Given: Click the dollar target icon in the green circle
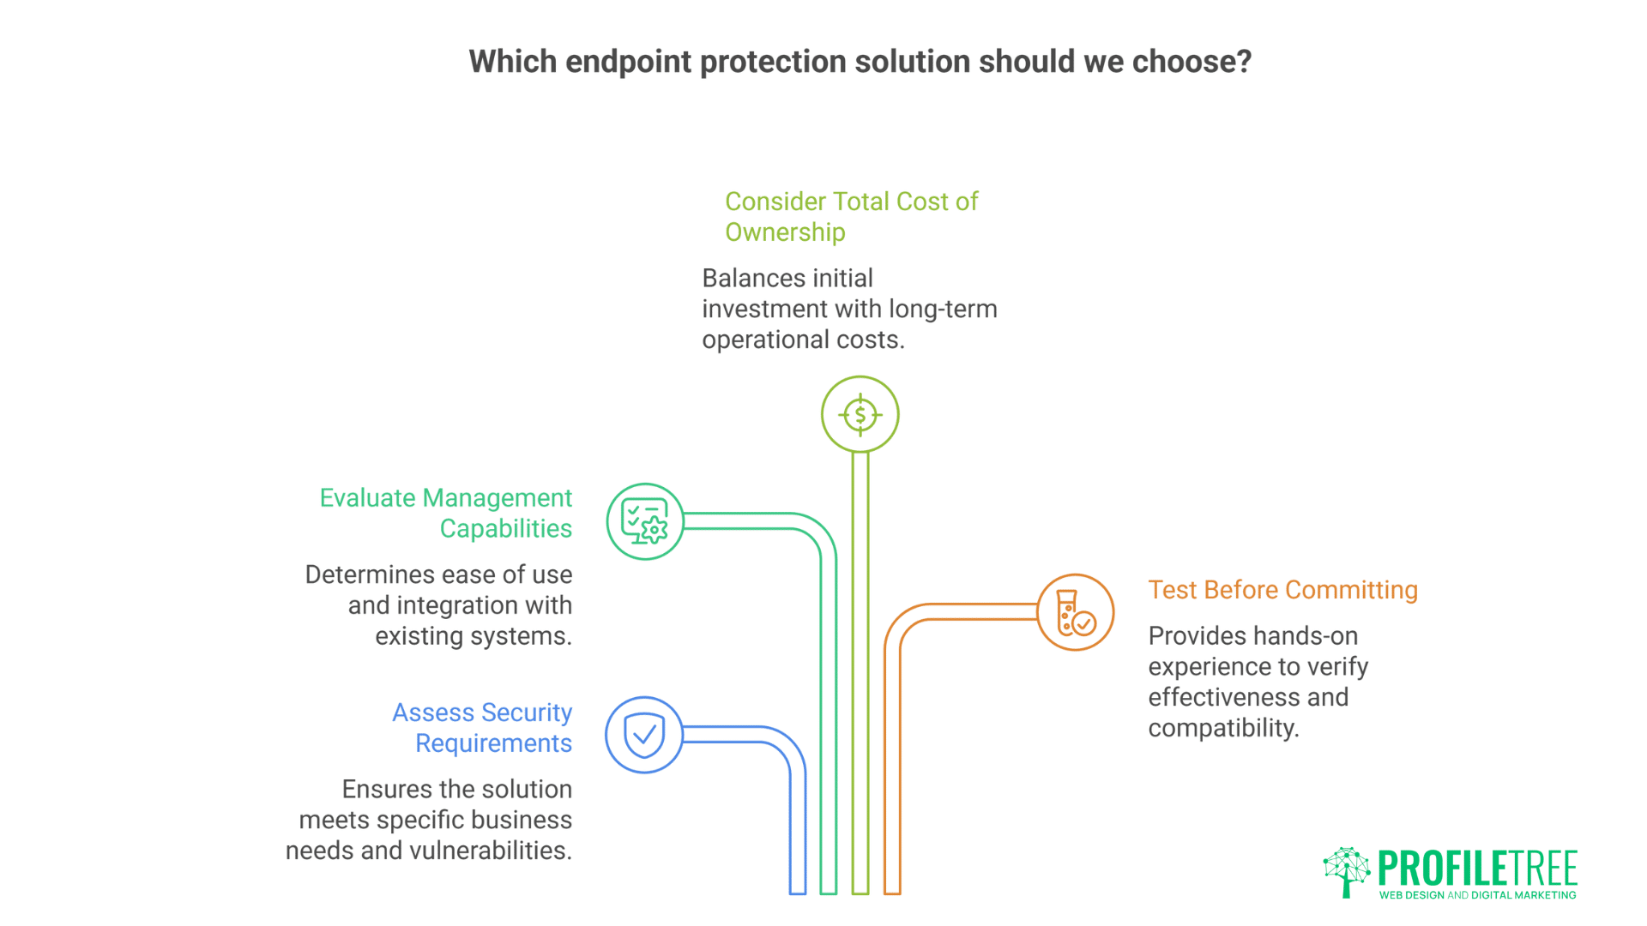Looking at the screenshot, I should pyautogui.click(x=860, y=415).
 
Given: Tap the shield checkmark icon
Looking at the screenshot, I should pyautogui.click(x=644, y=735).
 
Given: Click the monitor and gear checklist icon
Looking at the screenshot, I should pyautogui.click(x=644, y=521).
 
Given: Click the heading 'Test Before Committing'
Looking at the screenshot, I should pyautogui.click(x=1282, y=590).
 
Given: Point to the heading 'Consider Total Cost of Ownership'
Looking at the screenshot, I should pyautogui.click(x=851, y=216).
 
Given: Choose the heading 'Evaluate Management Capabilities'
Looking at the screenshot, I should pyautogui.click(x=446, y=513).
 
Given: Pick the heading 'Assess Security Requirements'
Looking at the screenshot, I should pyautogui.click(x=482, y=727).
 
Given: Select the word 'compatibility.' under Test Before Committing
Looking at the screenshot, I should pyautogui.click(x=1223, y=728).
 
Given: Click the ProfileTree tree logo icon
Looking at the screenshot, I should pyautogui.click(x=1346, y=871).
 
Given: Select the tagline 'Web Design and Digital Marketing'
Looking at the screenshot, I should pyautogui.click(x=1477, y=895).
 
